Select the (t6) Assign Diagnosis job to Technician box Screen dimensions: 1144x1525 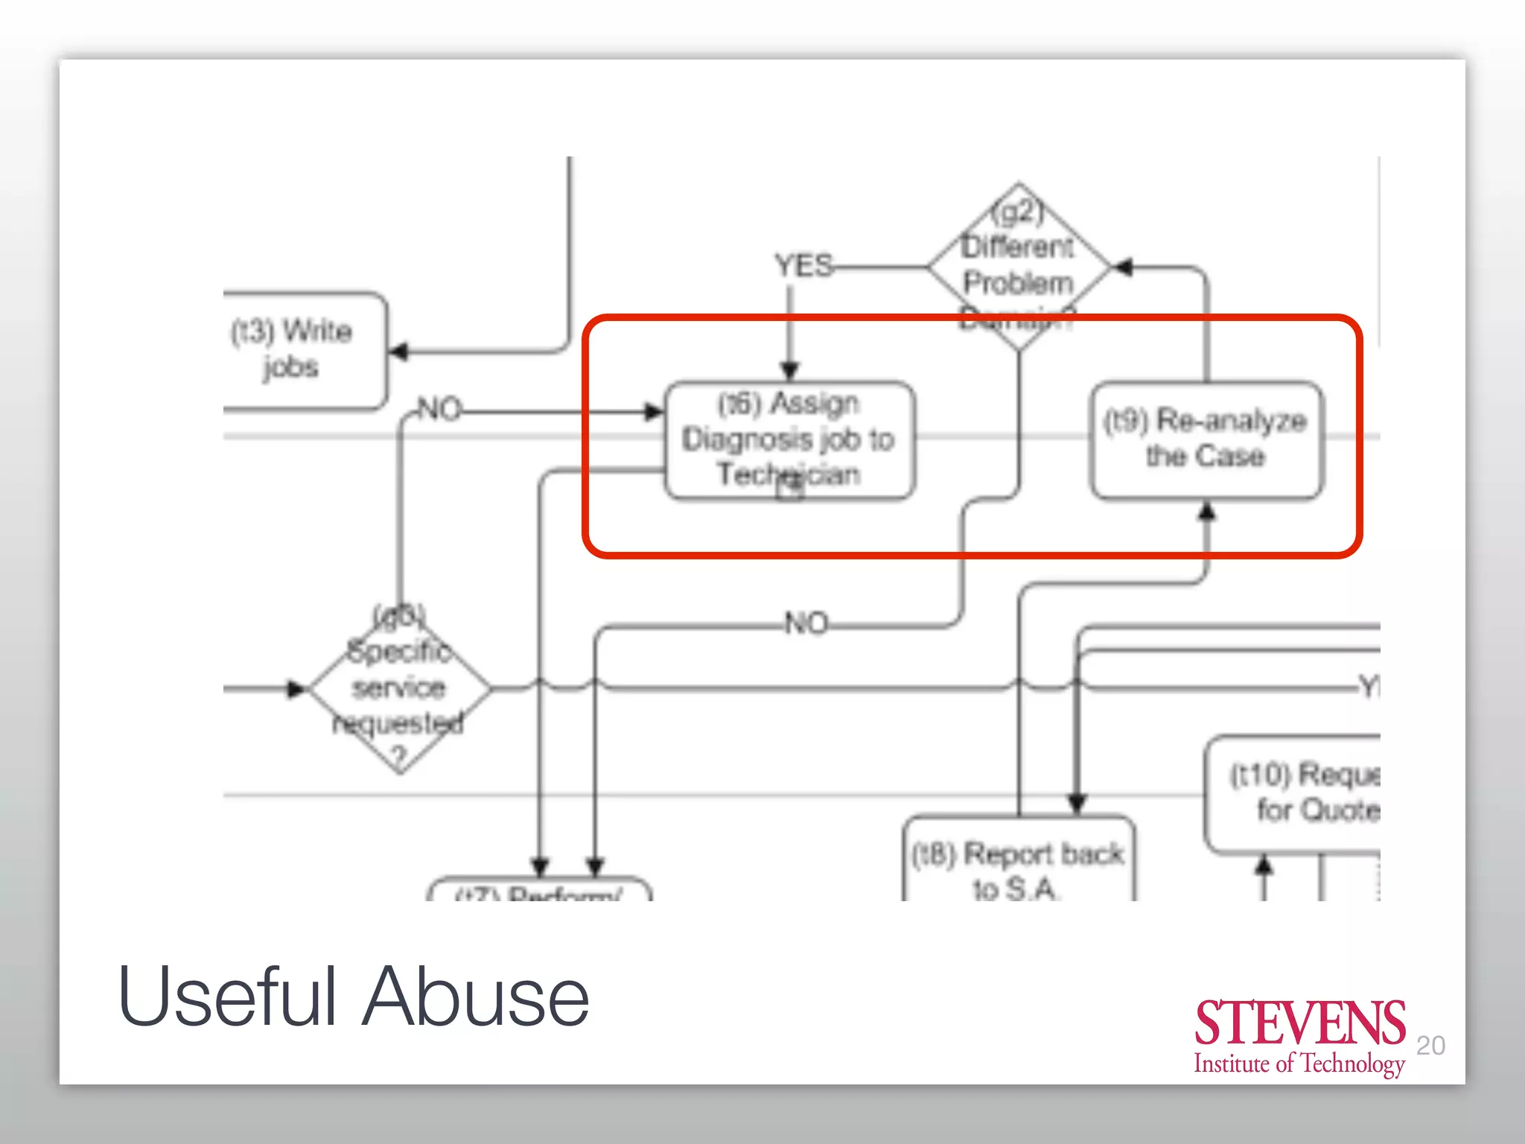789,439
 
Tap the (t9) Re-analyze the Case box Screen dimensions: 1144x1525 1206,439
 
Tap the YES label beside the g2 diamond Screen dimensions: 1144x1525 803,266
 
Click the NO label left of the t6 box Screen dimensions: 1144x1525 439,410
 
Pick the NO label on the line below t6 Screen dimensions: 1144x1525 806,623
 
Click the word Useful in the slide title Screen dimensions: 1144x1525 227,997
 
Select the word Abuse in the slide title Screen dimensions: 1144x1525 477,997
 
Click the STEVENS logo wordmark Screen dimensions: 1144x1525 1299,1023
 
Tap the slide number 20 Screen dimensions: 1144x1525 1430,1046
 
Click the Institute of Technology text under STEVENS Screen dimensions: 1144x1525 1299,1064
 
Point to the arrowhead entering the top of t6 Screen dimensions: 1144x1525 790,370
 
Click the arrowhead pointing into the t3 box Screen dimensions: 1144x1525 400,352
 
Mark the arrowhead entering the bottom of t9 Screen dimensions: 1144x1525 1207,512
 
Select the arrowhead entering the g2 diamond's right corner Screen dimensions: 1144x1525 1122,267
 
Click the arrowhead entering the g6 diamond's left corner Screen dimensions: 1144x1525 297,690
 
